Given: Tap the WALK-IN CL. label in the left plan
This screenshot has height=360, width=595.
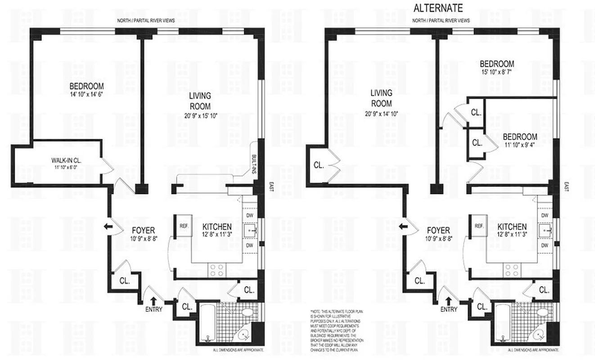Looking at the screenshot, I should click(x=67, y=160).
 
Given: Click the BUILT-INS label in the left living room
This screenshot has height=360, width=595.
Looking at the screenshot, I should click(x=254, y=161).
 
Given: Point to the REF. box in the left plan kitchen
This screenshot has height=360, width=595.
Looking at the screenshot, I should click(x=183, y=226).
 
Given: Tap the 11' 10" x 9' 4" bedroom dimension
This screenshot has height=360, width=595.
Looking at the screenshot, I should click(x=519, y=145).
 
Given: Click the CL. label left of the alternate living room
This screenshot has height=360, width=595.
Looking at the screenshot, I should click(x=319, y=165).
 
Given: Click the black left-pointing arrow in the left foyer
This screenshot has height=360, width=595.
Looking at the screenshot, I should click(x=108, y=226).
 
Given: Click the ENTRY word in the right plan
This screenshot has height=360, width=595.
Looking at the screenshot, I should click(x=448, y=309).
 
